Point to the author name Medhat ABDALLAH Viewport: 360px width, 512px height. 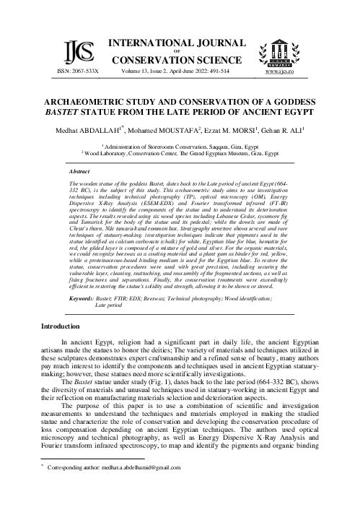(x=106, y=131)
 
